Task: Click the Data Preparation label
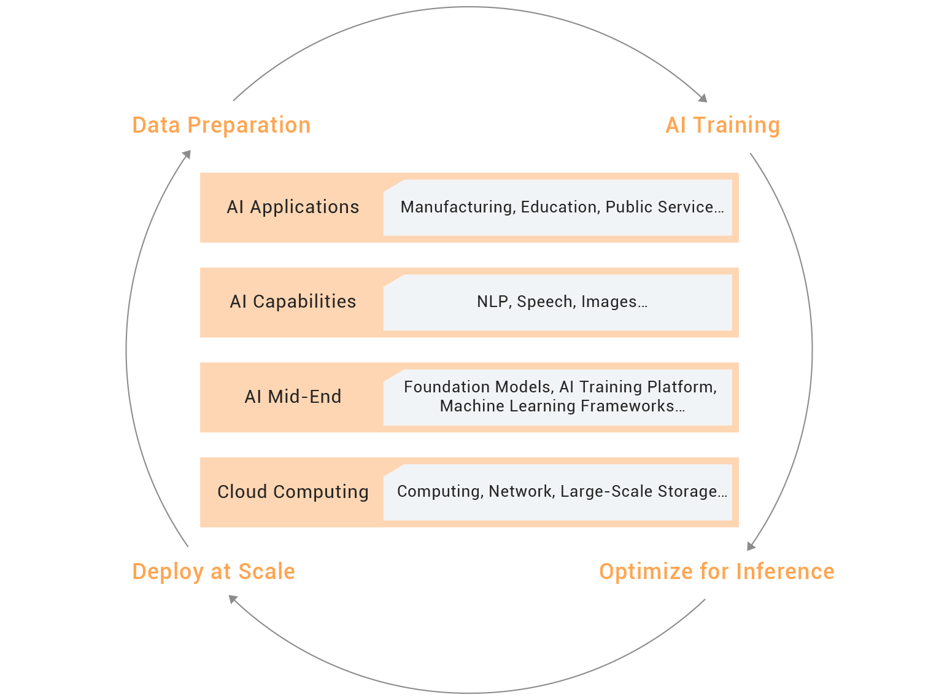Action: [x=221, y=125]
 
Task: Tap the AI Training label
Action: [x=722, y=125]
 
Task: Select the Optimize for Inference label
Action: [x=716, y=572]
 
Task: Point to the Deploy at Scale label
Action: [x=214, y=572]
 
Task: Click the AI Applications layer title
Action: [x=293, y=208]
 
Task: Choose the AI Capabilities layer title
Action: [x=293, y=302]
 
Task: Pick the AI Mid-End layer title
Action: [x=293, y=397]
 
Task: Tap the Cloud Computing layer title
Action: [x=293, y=492]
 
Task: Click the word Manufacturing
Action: [x=457, y=208]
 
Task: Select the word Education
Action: [x=558, y=208]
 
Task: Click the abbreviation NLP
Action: [x=493, y=302]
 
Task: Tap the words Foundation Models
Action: [x=477, y=387]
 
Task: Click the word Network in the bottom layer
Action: [x=520, y=492]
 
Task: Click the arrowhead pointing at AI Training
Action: [x=703, y=98]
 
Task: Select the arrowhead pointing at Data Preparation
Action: [x=187, y=154]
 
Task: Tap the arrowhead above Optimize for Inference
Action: [x=751, y=546]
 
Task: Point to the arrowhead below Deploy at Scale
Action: [x=233, y=599]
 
